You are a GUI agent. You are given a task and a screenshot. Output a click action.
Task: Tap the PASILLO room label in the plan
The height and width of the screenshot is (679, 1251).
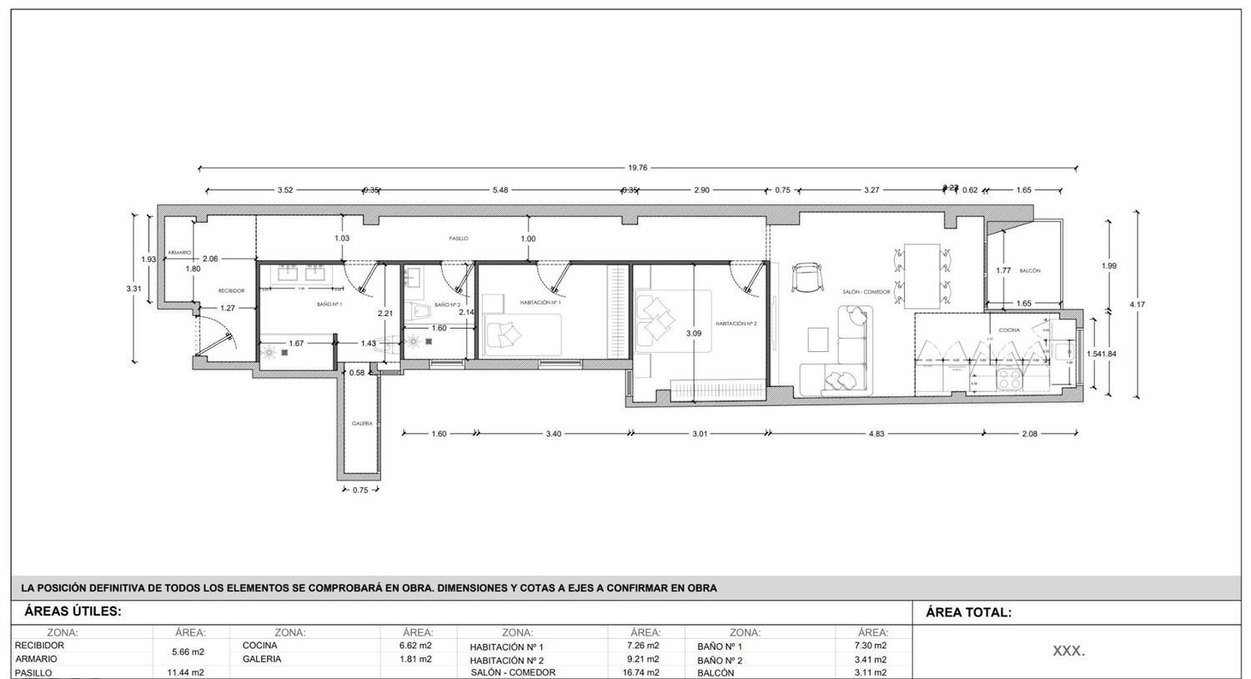tap(459, 239)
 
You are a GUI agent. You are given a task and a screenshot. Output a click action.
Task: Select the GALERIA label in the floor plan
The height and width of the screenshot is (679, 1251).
tap(362, 424)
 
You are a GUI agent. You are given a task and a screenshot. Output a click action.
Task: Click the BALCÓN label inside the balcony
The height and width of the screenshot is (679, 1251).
tap(1029, 271)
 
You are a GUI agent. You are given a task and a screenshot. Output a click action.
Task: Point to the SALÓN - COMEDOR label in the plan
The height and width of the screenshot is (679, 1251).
tap(867, 292)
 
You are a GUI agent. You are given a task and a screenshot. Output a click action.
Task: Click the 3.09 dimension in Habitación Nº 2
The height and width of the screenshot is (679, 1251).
tap(693, 334)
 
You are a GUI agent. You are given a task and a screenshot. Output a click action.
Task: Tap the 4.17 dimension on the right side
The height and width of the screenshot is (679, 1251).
tap(1137, 304)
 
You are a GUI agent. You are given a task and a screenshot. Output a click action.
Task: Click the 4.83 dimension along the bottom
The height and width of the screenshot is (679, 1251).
tap(877, 434)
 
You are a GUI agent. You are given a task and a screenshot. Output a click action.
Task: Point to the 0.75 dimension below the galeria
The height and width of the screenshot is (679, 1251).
tap(360, 490)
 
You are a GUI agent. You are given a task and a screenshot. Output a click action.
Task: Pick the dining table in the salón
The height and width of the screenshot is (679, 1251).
tap(921, 275)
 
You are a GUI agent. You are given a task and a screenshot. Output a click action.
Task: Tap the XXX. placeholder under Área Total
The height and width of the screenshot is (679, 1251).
tap(1068, 651)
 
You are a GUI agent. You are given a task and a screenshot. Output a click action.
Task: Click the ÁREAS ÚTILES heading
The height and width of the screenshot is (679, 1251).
tap(73, 611)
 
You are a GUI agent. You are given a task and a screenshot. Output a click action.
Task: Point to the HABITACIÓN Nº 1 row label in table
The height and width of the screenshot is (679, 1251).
tap(506, 646)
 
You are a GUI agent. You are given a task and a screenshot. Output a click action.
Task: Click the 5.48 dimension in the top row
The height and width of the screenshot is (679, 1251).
tap(500, 190)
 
